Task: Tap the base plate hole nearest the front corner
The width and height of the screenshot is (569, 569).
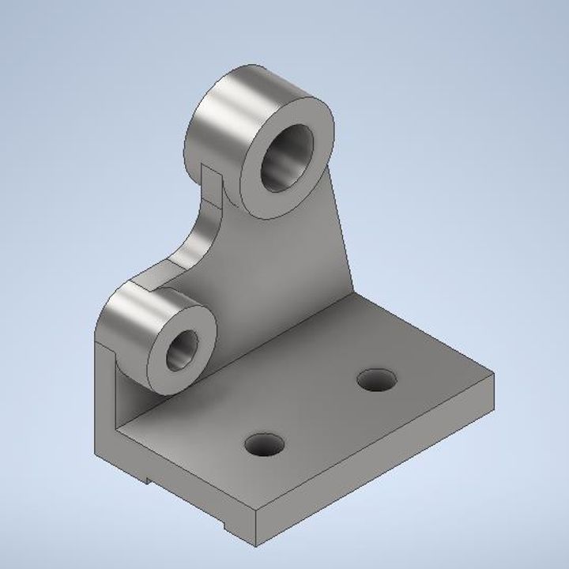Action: pyautogui.click(x=263, y=446)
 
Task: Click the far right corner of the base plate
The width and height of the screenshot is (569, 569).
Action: pyautogui.click(x=494, y=375)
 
